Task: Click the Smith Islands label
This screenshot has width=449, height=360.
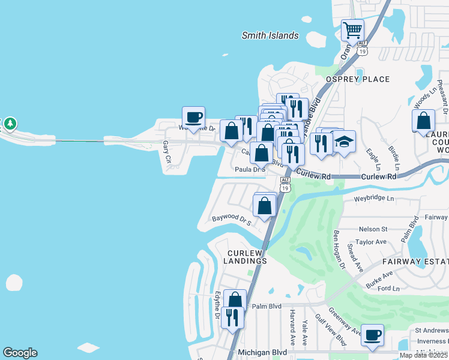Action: [270, 35]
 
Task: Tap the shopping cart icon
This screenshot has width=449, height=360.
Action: [352, 29]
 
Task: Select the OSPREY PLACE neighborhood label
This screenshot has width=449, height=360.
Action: [358, 79]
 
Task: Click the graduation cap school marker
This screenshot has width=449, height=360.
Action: [344, 142]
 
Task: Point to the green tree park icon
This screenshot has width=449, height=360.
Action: [10, 124]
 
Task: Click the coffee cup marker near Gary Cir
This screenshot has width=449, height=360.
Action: [193, 117]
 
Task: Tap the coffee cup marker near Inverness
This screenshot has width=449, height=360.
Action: [372, 334]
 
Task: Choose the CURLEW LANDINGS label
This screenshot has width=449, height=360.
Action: [245, 256]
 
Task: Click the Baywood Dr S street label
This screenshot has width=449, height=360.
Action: [231, 219]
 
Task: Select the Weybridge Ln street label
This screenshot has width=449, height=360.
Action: [374, 199]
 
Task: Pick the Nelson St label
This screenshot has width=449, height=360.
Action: [373, 229]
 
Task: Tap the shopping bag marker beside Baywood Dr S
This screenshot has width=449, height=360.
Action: [264, 206]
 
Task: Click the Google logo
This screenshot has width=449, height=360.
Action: [20, 353]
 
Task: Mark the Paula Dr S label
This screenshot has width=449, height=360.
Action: [250, 170]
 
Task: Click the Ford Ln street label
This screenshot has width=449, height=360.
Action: [389, 289]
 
